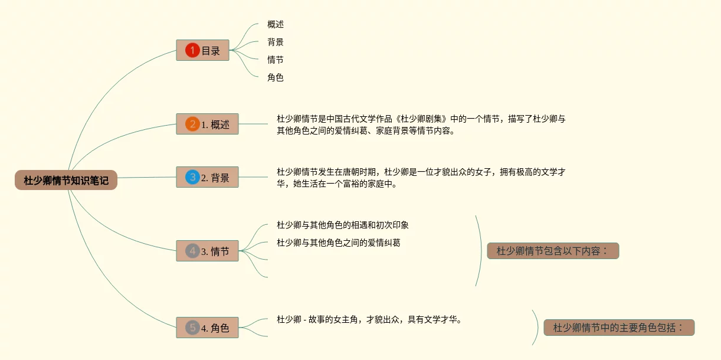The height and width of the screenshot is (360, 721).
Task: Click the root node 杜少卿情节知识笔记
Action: pos(66,180)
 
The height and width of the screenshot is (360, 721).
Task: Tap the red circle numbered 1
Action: pos(192,50)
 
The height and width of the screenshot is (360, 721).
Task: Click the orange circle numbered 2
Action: pos(192,125)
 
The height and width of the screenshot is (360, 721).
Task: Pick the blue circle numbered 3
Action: pos(192,177)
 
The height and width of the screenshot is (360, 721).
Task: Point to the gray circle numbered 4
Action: pos(192,251)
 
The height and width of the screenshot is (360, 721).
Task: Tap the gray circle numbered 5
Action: pos(192,328)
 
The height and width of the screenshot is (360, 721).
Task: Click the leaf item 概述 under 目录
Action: pos(276,24)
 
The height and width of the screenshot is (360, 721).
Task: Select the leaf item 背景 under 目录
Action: pos(276,42)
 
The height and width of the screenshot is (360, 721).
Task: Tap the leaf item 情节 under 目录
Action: pos(276,60)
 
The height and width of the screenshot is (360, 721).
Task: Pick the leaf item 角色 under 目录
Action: pos(276,77)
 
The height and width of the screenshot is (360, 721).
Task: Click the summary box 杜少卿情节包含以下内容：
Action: pos(553,251)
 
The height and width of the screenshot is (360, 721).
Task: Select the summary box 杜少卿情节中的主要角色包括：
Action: pos(619,328)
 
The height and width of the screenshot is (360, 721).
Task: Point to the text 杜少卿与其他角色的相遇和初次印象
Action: pos(343,225)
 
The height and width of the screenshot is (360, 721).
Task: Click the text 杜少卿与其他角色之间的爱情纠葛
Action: pos(339,243)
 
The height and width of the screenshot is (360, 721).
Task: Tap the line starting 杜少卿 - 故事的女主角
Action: pos(369,319)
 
